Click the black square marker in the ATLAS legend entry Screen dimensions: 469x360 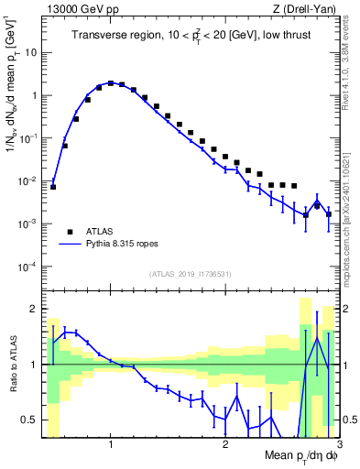pyautogui.click(x=69, y=232)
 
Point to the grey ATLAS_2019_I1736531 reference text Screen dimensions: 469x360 pyautogui.click(x=190, y=274)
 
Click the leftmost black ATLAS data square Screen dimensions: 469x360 pyautogui.click(x=53, y=187)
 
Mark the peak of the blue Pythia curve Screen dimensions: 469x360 pyautogui.click(x=111, y=83)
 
